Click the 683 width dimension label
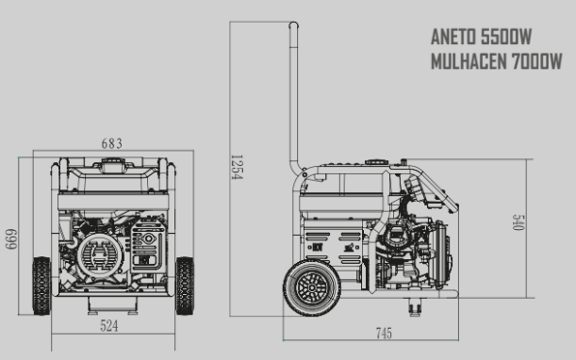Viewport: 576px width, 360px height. [111, 143]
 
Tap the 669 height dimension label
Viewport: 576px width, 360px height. [11, 239]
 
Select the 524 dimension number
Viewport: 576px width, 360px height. [109, 326]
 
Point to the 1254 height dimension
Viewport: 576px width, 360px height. [237, 167]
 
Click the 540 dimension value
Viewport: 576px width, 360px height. [518, 222]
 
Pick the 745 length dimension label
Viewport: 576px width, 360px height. [384, 334]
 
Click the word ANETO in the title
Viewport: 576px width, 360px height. [453, 37]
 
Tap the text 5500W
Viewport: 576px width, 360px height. [506, 37]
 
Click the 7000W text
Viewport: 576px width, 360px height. [536, 61]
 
